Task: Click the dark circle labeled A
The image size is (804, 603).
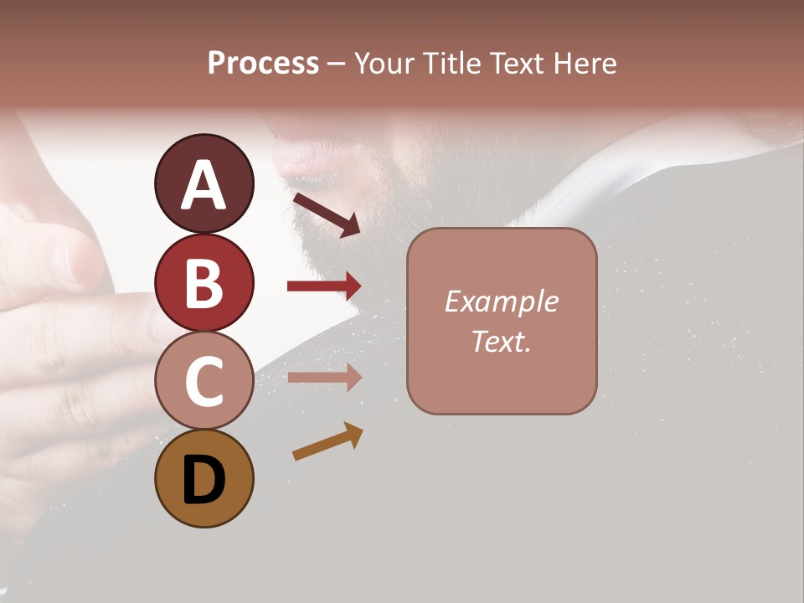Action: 204,183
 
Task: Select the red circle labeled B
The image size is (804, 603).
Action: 204,282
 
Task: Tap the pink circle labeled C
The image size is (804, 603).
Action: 204,381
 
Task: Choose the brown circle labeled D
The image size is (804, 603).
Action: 204,478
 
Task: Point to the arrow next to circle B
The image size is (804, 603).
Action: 324,286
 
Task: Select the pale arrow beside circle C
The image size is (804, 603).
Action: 324,378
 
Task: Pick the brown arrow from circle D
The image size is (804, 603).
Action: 327,441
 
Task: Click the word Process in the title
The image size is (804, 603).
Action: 263,64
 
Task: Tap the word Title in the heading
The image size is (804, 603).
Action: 446,64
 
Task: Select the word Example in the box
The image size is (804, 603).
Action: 501,302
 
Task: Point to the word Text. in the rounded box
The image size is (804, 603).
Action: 501,341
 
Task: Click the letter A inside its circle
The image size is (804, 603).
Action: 204,185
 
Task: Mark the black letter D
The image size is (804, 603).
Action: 204,480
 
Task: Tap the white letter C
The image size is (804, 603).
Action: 204,382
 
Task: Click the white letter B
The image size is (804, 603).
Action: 204,283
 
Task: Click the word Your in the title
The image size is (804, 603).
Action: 384,64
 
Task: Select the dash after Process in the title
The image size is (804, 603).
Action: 337,64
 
